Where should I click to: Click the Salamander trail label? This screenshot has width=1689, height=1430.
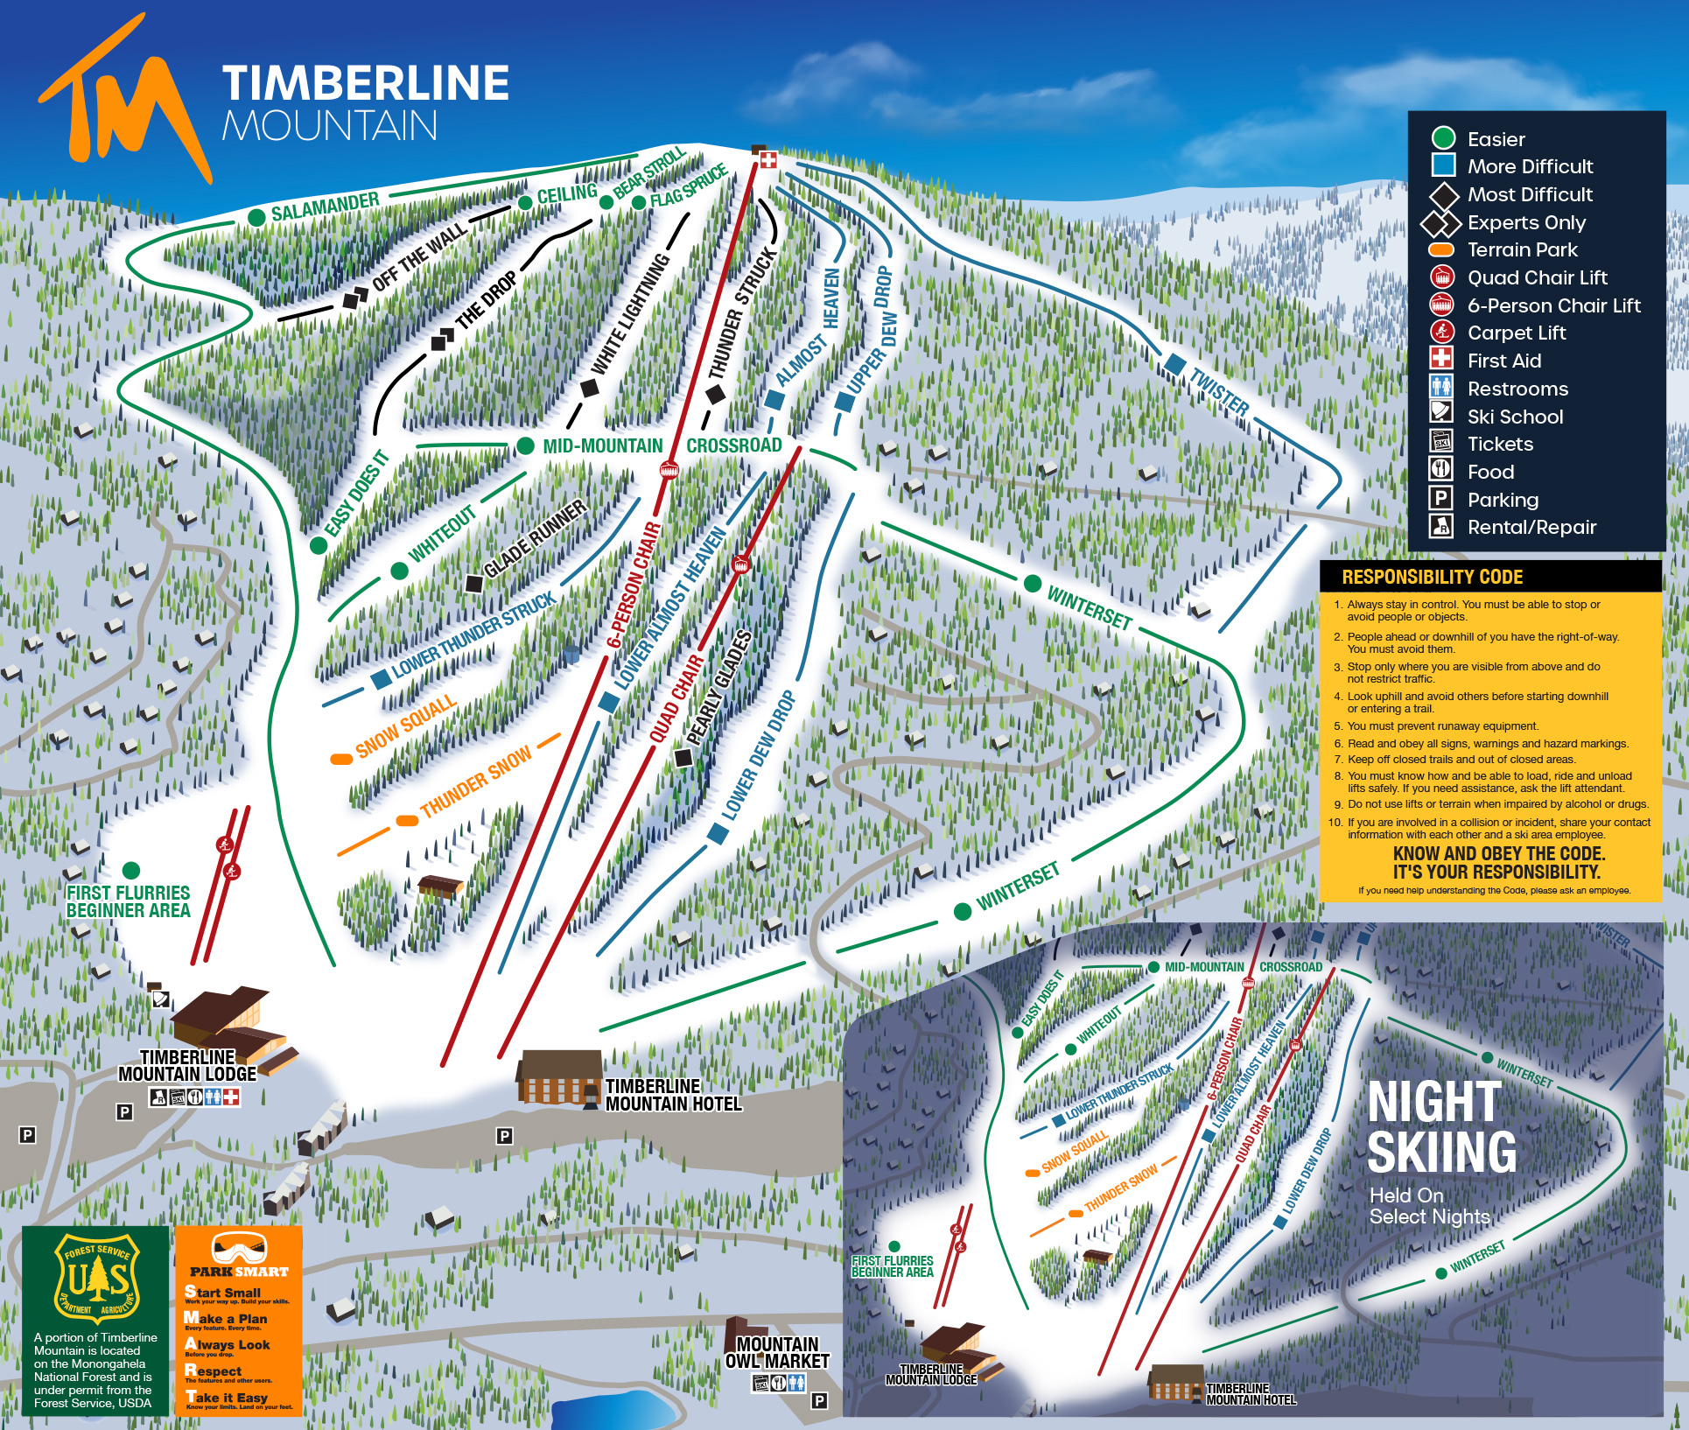coord(325,207)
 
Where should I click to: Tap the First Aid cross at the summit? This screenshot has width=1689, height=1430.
coord(767,159)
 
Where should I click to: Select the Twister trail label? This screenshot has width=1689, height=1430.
coord(1219,391)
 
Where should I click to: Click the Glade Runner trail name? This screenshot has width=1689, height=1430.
coord(535,539)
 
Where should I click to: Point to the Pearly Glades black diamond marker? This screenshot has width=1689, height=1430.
coord(683,758)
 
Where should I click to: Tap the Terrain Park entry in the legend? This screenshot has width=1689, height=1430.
coord(1521,249)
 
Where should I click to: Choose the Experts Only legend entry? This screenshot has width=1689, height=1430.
coord(1525,222)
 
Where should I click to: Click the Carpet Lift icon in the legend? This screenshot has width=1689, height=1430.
coord(1441,333)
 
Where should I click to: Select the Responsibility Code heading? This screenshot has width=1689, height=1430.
coord(1432,577)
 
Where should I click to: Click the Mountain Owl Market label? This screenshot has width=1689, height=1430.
coord(777,1352)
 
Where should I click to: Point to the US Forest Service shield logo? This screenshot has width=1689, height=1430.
coord(95,1279)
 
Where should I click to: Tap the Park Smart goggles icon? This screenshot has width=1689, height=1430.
coord(238,1248)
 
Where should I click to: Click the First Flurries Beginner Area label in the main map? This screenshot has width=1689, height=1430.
coord(128,901)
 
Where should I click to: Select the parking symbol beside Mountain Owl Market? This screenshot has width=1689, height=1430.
coord(818,1400)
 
